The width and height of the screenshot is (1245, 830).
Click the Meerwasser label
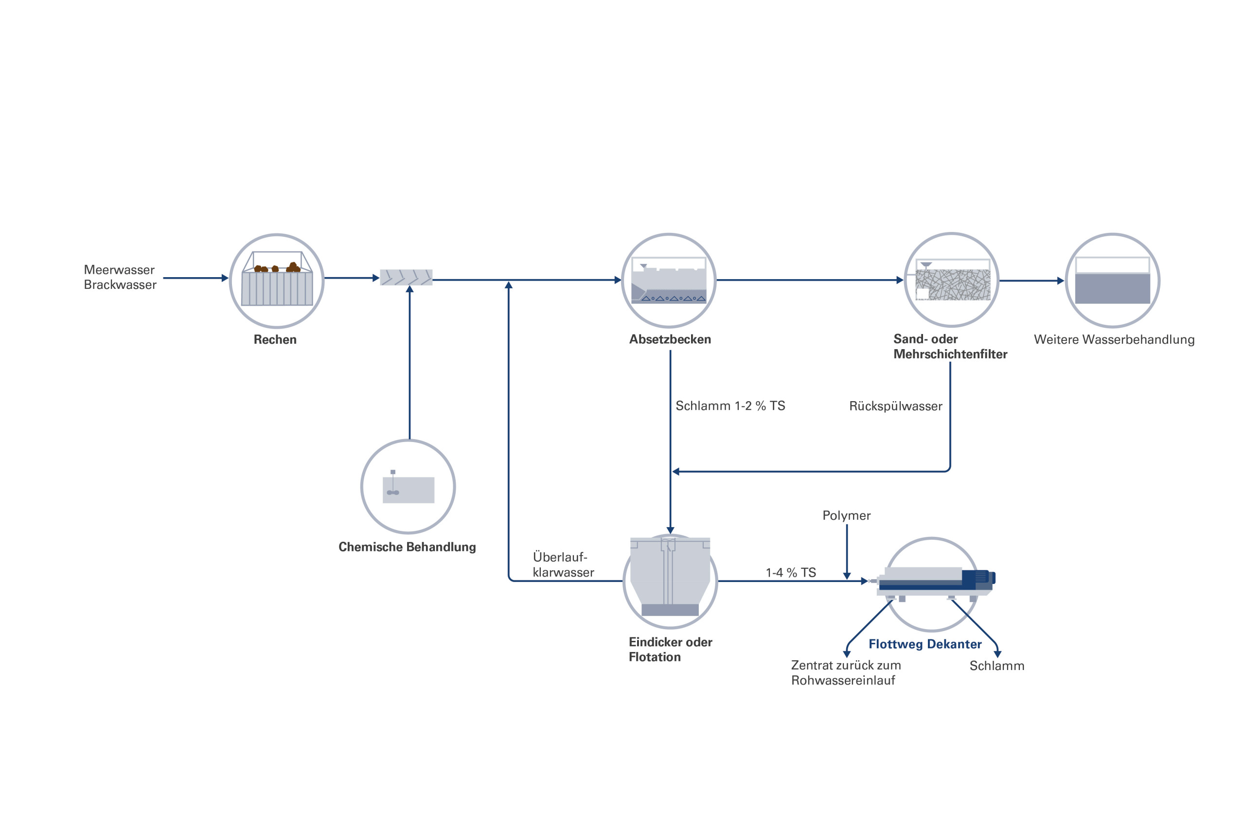(119, 270)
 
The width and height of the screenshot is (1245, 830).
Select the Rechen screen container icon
(277, 280)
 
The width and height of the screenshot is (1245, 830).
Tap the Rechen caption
(275, 340)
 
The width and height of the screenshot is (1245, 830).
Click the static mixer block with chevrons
(406, 277)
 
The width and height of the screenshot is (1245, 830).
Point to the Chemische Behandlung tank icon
(408, 489)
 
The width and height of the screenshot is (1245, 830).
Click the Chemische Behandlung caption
(407, 547)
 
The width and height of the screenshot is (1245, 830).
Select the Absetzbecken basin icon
(669, 281)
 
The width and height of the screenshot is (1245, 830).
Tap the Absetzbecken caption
(670, 339)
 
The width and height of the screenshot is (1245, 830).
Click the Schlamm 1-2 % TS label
(730, 406)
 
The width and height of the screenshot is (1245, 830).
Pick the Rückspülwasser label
(896, 406)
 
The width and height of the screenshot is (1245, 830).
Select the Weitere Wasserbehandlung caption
(1114, 340)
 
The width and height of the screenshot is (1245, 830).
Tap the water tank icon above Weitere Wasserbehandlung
(1112, 281)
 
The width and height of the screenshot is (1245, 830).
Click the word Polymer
(846, 515)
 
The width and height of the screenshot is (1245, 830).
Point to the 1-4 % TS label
(791, 573)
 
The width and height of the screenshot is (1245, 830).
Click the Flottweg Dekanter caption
(925, 644)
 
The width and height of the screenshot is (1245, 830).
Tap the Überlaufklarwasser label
(563, 565)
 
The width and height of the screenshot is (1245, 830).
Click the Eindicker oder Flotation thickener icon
(670, 577)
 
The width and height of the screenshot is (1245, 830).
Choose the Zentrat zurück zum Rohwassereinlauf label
(845, 673)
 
